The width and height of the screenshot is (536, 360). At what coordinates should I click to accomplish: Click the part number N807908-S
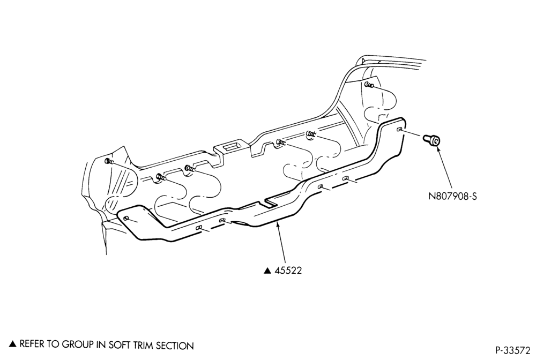tap(452, 196)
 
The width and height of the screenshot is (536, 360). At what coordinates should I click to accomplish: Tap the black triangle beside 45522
tap(267, 271)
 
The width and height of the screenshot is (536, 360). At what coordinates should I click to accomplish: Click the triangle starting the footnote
tap(13, 344)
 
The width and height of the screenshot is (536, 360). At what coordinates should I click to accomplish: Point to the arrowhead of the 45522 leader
tap(278, 224)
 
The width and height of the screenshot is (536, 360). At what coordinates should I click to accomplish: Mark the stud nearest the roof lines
tap(368, 84)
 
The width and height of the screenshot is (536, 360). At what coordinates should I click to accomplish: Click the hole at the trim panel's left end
tap(126, 219)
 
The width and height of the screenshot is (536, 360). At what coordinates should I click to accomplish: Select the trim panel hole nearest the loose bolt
tap(399, 129)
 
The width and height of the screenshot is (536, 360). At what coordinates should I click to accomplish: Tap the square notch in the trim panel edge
tap(270, 202)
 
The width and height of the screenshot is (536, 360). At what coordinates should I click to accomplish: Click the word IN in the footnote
tap(102, 344)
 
